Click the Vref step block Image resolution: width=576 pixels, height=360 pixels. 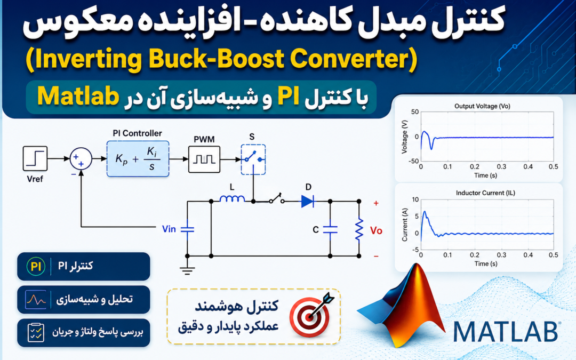point(35,158)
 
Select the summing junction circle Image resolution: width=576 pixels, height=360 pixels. point(81,159)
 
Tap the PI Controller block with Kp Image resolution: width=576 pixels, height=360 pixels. point(138,159)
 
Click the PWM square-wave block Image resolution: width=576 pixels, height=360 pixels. point(204,159)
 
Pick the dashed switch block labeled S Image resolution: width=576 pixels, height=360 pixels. point(253,159)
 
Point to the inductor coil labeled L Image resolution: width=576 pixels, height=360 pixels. point(232,199)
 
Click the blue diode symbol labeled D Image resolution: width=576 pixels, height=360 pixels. point(308,201)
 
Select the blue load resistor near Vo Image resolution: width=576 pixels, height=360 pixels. point(359,229)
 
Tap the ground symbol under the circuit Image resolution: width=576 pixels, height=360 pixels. point(187,271)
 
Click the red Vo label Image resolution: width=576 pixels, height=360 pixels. point(376,231)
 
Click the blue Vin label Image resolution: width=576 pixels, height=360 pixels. point(169,229)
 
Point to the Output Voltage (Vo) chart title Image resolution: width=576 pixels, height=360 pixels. point(482,106)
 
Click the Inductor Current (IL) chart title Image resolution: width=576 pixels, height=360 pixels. point(485,193)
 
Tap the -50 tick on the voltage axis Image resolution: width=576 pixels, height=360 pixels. point(414,161)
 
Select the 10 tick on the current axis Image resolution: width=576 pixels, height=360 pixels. point(415,199)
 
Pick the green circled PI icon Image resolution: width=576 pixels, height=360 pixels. point(36,266)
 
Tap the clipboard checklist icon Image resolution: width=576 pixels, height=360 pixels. point(36,332)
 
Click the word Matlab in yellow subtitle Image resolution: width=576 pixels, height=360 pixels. point(78,97)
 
